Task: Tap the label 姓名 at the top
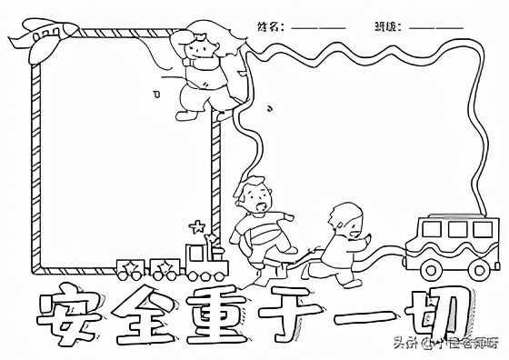[x=269, y=27]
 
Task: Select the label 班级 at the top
[x=385, y=27]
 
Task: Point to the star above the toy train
[x=197, y=225]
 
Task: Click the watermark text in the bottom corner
[x=445, y=343]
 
